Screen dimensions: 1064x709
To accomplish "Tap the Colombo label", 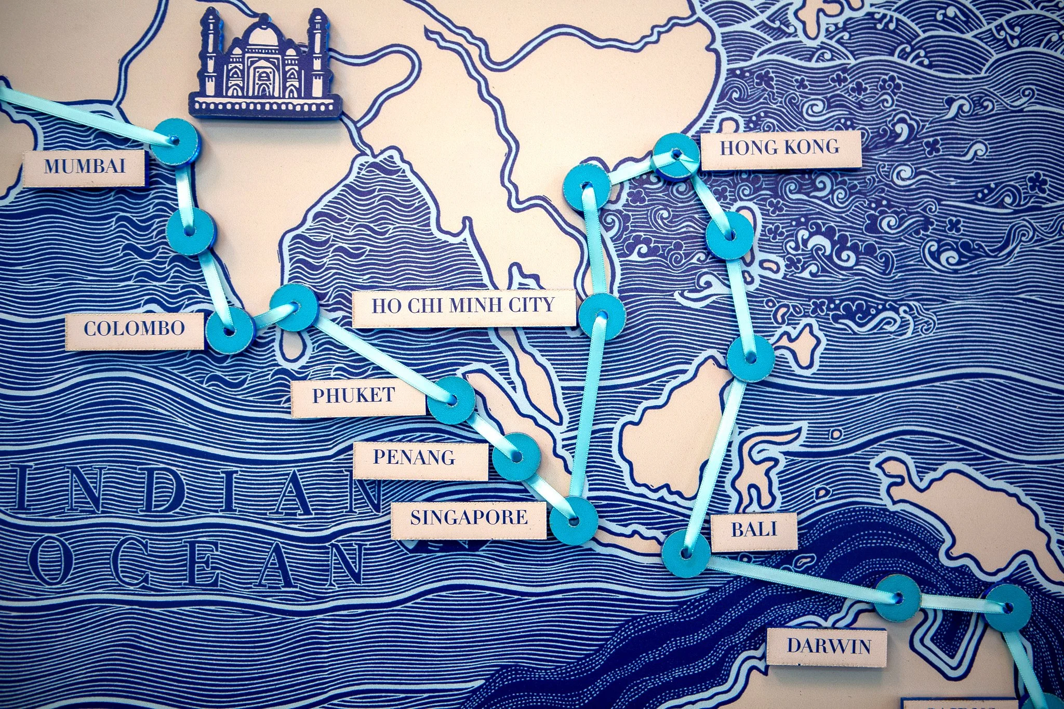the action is (x=134, y=329).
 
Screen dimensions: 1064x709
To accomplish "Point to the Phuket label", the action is (x=354, y=396).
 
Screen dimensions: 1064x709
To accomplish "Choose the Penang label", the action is (x=415, y=458).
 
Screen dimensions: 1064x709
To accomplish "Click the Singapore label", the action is (x=469, y=517).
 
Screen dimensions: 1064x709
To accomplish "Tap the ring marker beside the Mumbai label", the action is (x=174, y=141).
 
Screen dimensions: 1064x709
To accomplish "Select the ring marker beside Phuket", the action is (x=451, y=400).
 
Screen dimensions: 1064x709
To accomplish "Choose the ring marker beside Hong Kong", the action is (x=676, y=155).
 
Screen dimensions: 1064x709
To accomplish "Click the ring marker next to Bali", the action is (x=686, y=553).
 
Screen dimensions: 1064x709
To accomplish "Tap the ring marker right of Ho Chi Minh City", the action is (x=601, y=316).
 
